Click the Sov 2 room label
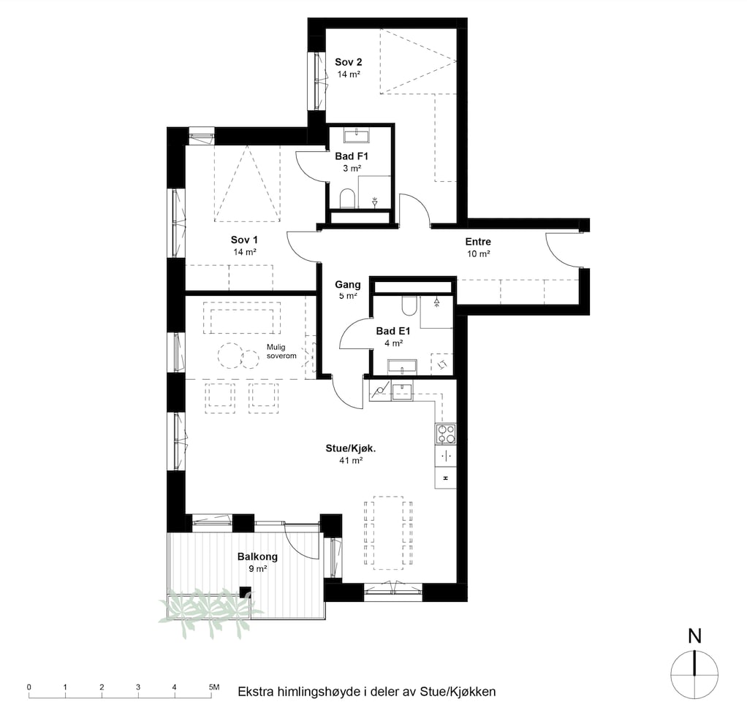tap(348, 62)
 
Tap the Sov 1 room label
tap(244, 240)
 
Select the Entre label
tap(478, 242)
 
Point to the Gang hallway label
tap(348, 285)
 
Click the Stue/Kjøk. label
tap(351, 448)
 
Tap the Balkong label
tap(257, 557)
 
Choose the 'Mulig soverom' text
tap(281, 352)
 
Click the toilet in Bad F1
tap(348, 199)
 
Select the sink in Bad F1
tap(357, 136)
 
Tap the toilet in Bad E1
tap(410, 305)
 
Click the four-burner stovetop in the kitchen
tap(446, 434)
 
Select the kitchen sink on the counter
tap(403, 390)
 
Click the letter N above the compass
tap(694, 636)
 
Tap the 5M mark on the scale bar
tap(214, 687)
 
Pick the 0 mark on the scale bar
tap(29, 687)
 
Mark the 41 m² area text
tap(351, 460)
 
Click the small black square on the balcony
tap(245, 593)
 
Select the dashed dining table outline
tap(388, 532)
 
